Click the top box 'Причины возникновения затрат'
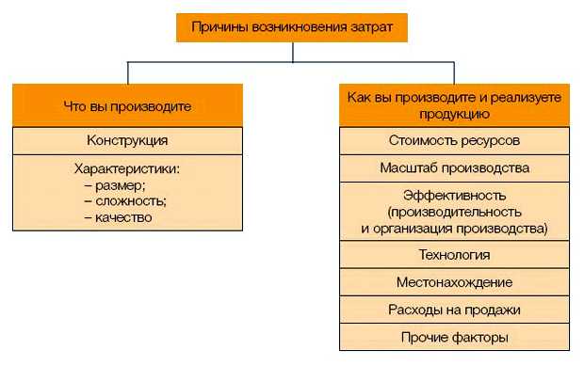click(292, 28)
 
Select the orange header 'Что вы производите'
click(127, 106)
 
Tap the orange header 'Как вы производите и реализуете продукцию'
click(454, 106)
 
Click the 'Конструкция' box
click(127, 140)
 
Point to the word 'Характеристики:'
click(126, 170)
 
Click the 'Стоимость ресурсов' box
click(454, 140)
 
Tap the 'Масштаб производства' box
click(454, 167)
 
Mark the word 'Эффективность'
click(454, 196)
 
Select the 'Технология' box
click(454, 254)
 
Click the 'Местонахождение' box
click(454, 282)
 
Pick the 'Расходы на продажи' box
click(454, 309)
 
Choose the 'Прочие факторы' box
click(454, 336)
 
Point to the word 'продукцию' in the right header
click(454, 115)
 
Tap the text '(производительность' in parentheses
click(454, 212)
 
